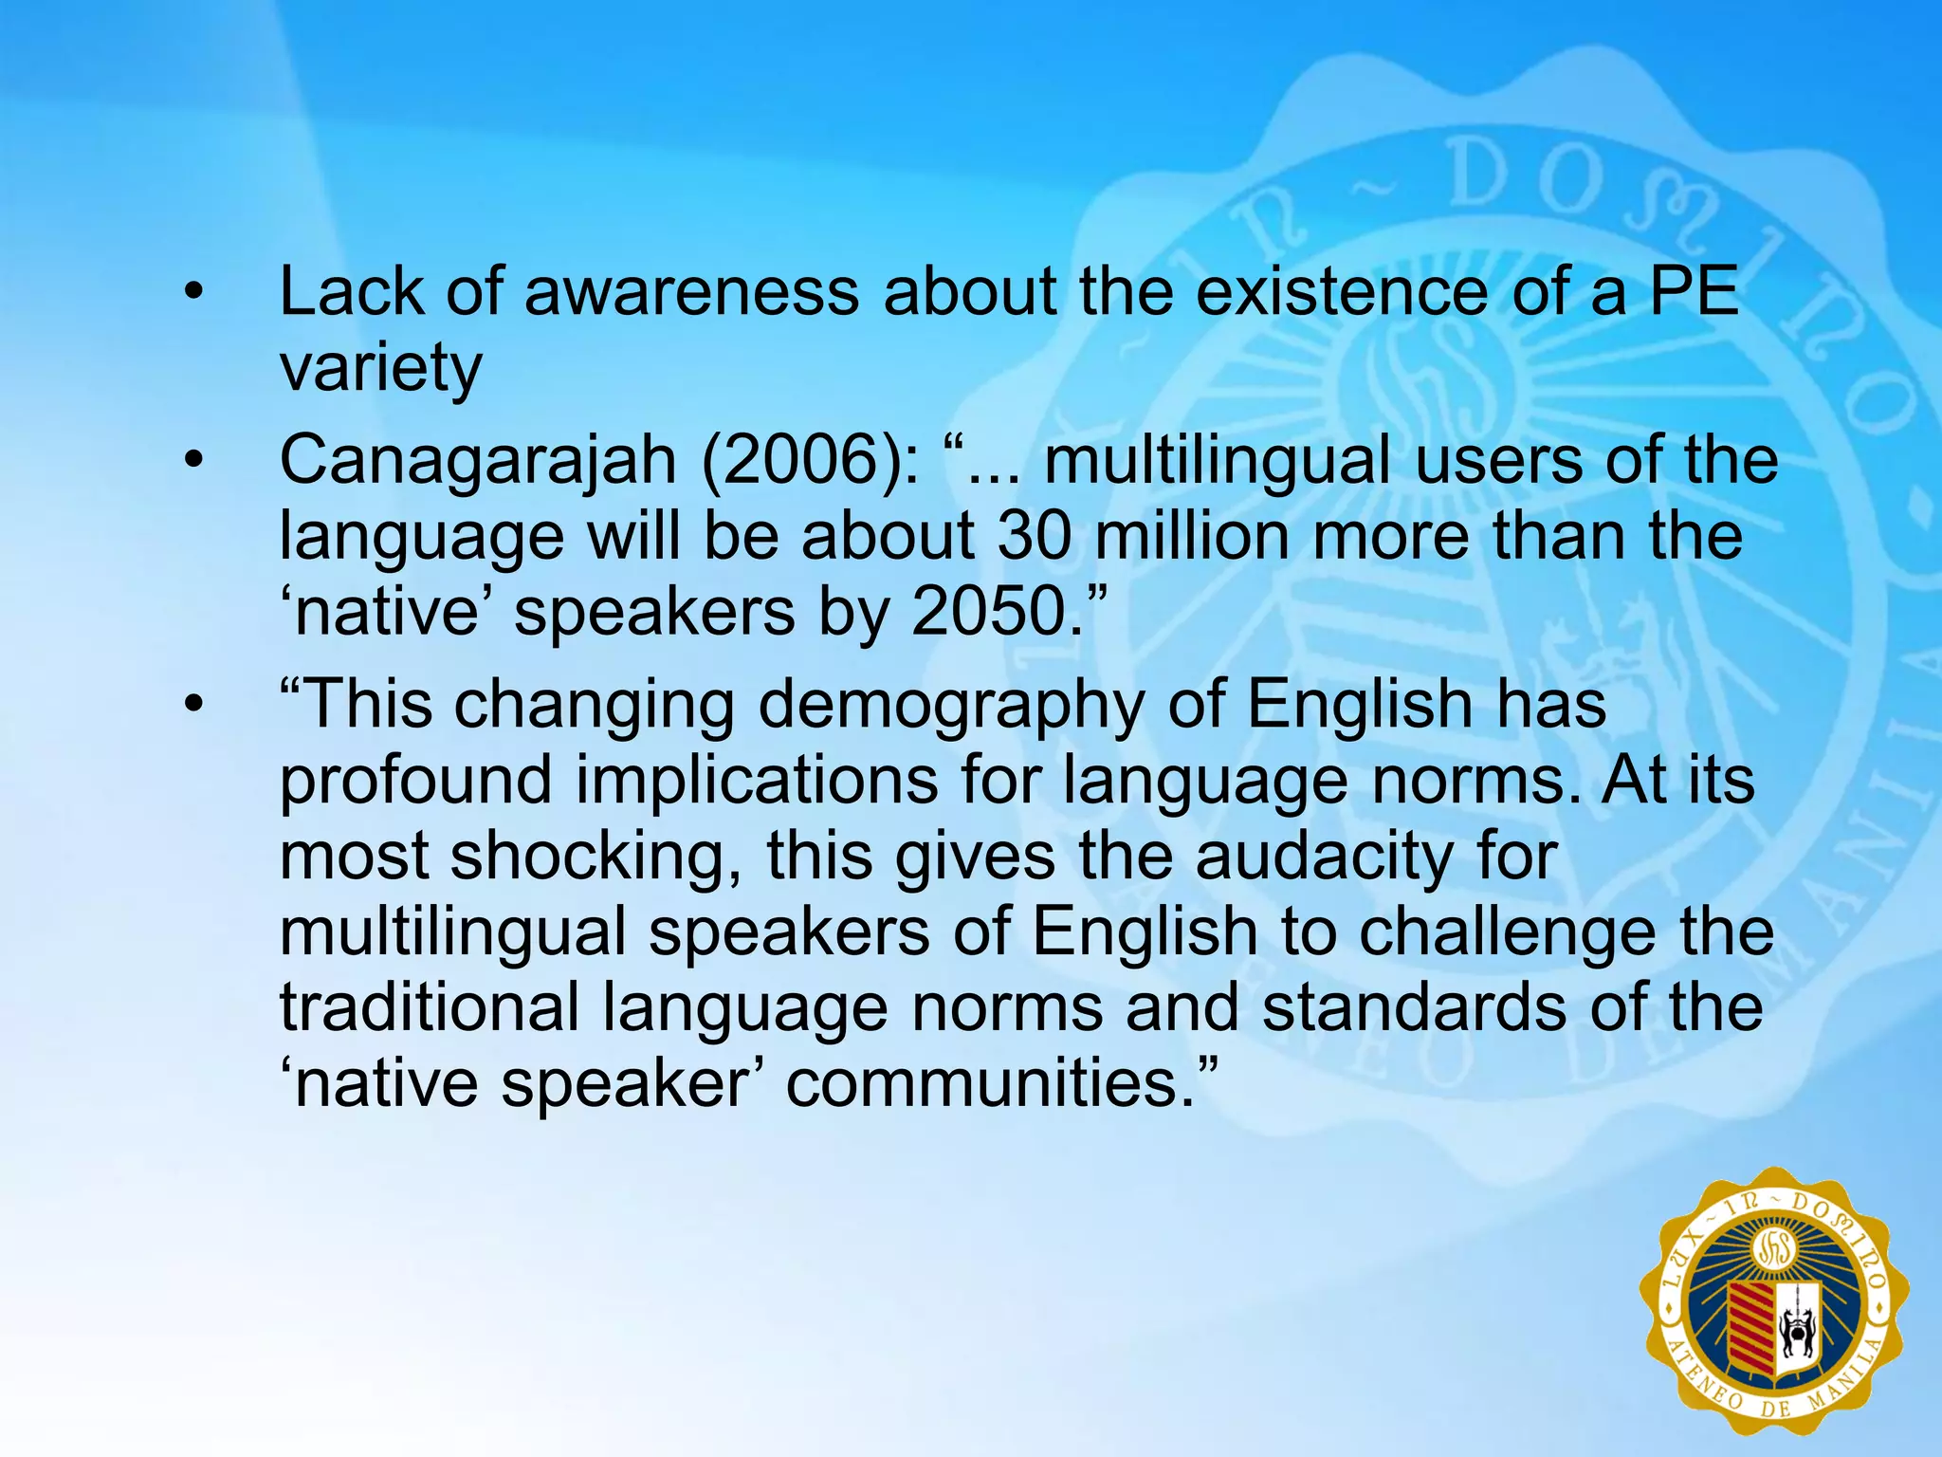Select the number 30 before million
coord(1035,537)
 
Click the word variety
coord(380,368)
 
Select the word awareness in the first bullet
coord(691,292)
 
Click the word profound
coord(415,781)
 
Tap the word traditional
coord(429,1006)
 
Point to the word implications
coord(756,781)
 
